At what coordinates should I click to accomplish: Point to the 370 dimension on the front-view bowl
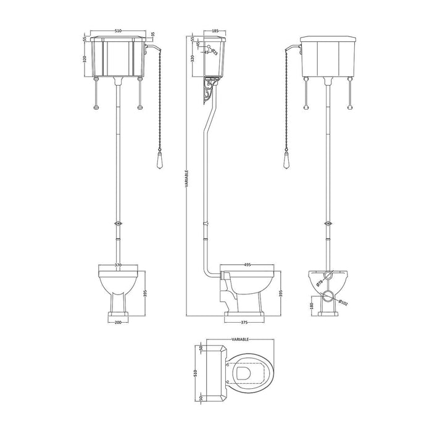118,265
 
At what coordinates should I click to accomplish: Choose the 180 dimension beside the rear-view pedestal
312,305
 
